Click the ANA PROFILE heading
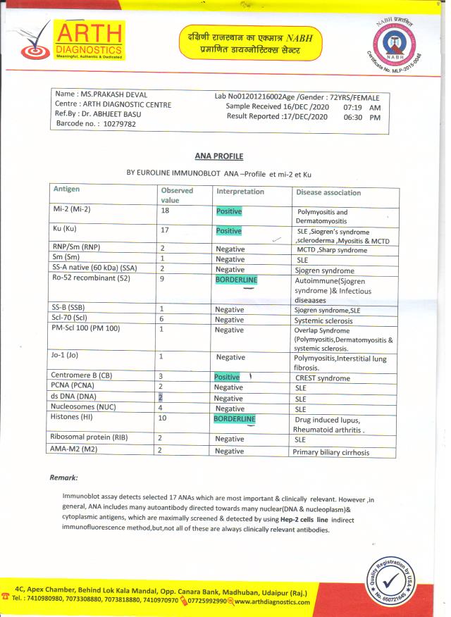[218, 156]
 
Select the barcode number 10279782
[110, 124]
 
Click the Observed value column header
[177, 195]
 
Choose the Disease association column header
[328, 192]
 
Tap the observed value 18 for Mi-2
[165, 211]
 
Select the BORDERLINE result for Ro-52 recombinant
[236, 280]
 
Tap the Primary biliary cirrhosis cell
[330, 452]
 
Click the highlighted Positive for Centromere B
[227, 377]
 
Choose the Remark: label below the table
[63, 478]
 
